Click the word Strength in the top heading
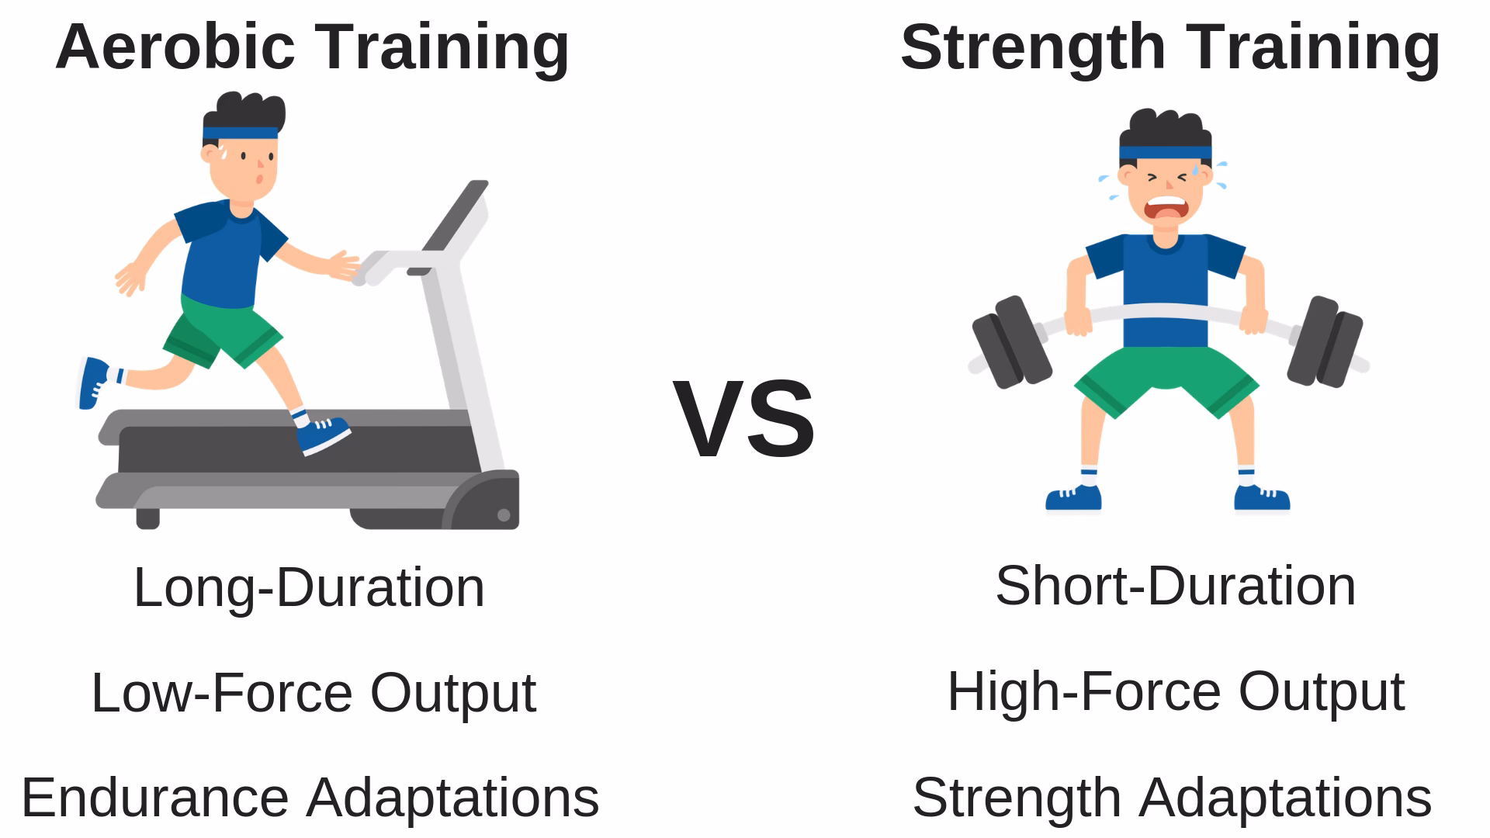(1033, 48)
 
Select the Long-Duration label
(309, 587)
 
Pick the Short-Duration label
(1175, 586)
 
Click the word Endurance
(155, 798)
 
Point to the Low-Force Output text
(314, 692)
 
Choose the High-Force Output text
(1175, 691)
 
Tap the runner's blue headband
(241, 133)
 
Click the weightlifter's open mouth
(1167, 209)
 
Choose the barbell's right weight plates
(1325, 341)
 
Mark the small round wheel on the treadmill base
(503, 514)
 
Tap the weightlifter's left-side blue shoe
(1073, 499)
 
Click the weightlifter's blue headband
(1165, 153)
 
